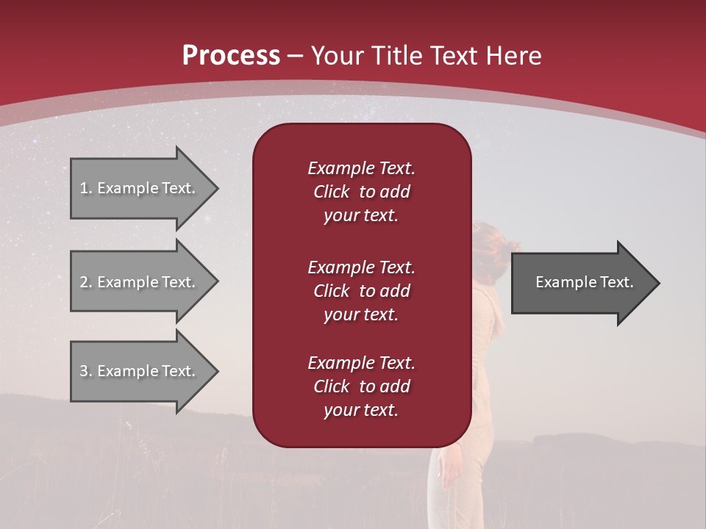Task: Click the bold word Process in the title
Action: coord(231,56)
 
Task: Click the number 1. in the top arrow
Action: coord(86,188)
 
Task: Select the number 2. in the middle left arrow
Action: coord(86,282)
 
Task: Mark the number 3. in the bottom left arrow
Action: coord(86,371)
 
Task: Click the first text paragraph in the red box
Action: coord(361,192)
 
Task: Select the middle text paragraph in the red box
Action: coord(361,291)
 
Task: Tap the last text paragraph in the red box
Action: coord(361,386)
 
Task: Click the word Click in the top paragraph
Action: coord(331,192)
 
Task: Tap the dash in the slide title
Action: coord(296,56)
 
